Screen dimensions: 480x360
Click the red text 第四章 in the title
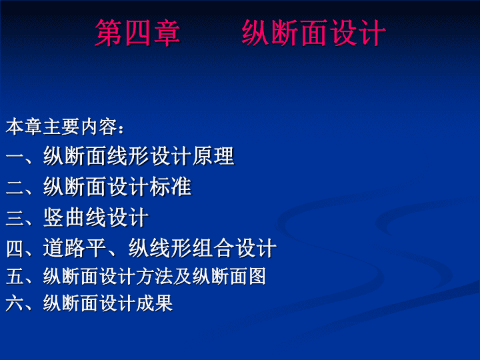click(137, 33)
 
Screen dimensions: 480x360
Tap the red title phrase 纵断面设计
click(314, 33)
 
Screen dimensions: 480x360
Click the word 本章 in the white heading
click(24, 127)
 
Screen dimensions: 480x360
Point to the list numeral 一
click(15, 157)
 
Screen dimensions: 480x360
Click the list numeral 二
click(15, 187)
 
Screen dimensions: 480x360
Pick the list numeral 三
click(15, 217)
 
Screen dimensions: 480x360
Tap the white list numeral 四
click(15, 248)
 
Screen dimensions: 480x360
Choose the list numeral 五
click(15, 276)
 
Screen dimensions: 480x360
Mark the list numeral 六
click(15, 303)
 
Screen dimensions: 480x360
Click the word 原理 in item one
click(213, 156)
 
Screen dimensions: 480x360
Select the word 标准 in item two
click(171, 187)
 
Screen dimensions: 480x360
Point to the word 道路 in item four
click(64, 247)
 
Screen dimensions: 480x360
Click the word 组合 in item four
click(213, 247)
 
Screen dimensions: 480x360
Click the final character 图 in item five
click(257, 276)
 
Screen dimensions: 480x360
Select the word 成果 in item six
click(154, 303)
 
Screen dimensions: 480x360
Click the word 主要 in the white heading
click(61, 127)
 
